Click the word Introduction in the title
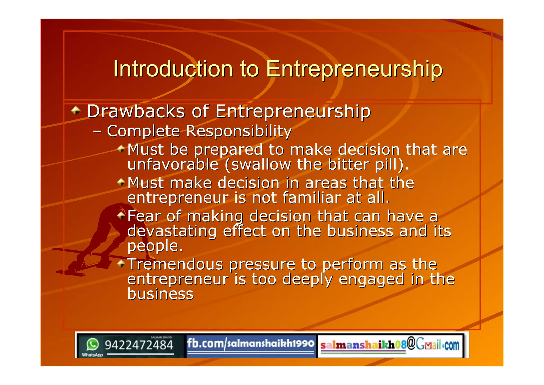point(173,69)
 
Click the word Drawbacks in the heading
point(136,111)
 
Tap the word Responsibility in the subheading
point(239,131)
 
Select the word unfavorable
point(173,165)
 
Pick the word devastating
point(172,231)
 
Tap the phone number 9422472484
point(139,345)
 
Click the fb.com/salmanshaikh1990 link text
point(250,344)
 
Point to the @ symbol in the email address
point(411,344)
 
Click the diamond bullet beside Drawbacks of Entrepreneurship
point(76,110)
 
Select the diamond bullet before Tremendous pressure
point(121,264)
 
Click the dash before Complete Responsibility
point(97,131)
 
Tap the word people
point(155,246)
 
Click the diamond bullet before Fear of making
point(121,215)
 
